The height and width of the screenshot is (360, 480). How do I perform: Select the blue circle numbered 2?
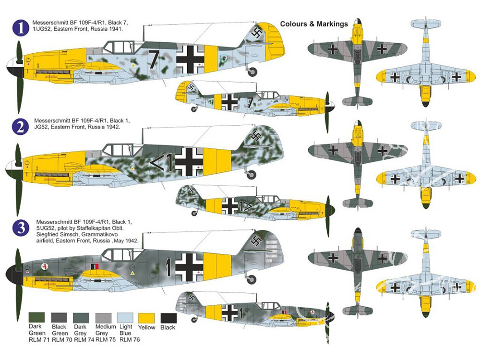21,126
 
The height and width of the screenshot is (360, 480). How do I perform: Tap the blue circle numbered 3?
21,228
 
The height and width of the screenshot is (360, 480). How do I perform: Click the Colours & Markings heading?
314,24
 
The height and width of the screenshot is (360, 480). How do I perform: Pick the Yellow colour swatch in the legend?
146,318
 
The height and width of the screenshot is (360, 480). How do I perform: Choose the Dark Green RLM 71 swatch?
37,317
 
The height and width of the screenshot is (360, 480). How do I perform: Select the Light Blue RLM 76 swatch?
125,318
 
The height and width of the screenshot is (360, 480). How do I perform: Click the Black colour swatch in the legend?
168,318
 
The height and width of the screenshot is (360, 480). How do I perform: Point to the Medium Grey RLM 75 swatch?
103,318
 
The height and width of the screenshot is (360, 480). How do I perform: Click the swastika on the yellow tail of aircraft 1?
256,33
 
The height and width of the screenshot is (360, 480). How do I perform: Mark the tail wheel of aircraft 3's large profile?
252,279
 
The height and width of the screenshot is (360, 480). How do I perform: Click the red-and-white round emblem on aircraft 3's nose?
46,266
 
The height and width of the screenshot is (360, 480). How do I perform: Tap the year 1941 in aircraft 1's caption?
116,29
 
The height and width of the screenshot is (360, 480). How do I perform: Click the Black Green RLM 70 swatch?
59,318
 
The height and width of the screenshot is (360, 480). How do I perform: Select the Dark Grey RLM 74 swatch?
81,318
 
